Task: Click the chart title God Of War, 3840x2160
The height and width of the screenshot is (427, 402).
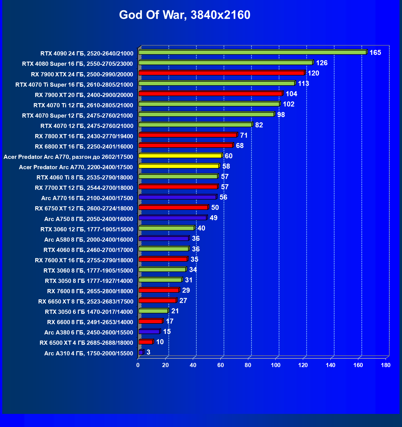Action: [x=185, y=15]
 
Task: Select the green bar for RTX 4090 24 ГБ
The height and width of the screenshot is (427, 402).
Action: [x=252, y=52]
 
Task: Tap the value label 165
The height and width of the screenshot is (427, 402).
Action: [x=375, y=53]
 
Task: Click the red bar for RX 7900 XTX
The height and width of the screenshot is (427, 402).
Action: [x=221, y=73]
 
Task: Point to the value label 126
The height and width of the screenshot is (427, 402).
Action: [x=321, y=63]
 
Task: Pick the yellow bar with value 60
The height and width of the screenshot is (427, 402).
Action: [x=180, y=156]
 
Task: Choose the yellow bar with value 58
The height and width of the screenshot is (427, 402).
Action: [x=179, y=166]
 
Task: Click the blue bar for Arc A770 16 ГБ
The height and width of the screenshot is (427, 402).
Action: [x=177, y=197]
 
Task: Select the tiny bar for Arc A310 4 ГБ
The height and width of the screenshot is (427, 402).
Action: [x=141, y=352]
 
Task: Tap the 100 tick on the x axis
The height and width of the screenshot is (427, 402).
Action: [x=276, y=365]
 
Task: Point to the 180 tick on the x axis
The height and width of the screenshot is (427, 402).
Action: [x=386, y=365]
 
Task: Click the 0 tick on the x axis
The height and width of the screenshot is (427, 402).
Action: [x=138, y=365]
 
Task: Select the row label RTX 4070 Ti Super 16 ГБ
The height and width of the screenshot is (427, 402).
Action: [x=74, y=85]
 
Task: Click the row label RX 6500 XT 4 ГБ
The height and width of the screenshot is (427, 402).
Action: [x=86, y=343]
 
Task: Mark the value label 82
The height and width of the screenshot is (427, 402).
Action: [x=259, y=125]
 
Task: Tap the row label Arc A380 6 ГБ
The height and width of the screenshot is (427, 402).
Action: [x=89, y=333]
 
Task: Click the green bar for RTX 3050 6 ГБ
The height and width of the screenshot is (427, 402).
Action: [x=153, y=311]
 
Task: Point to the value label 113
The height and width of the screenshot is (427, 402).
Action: [x=303, y=84]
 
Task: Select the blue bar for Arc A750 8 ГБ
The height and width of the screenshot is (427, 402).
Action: [x=172, y=218]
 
